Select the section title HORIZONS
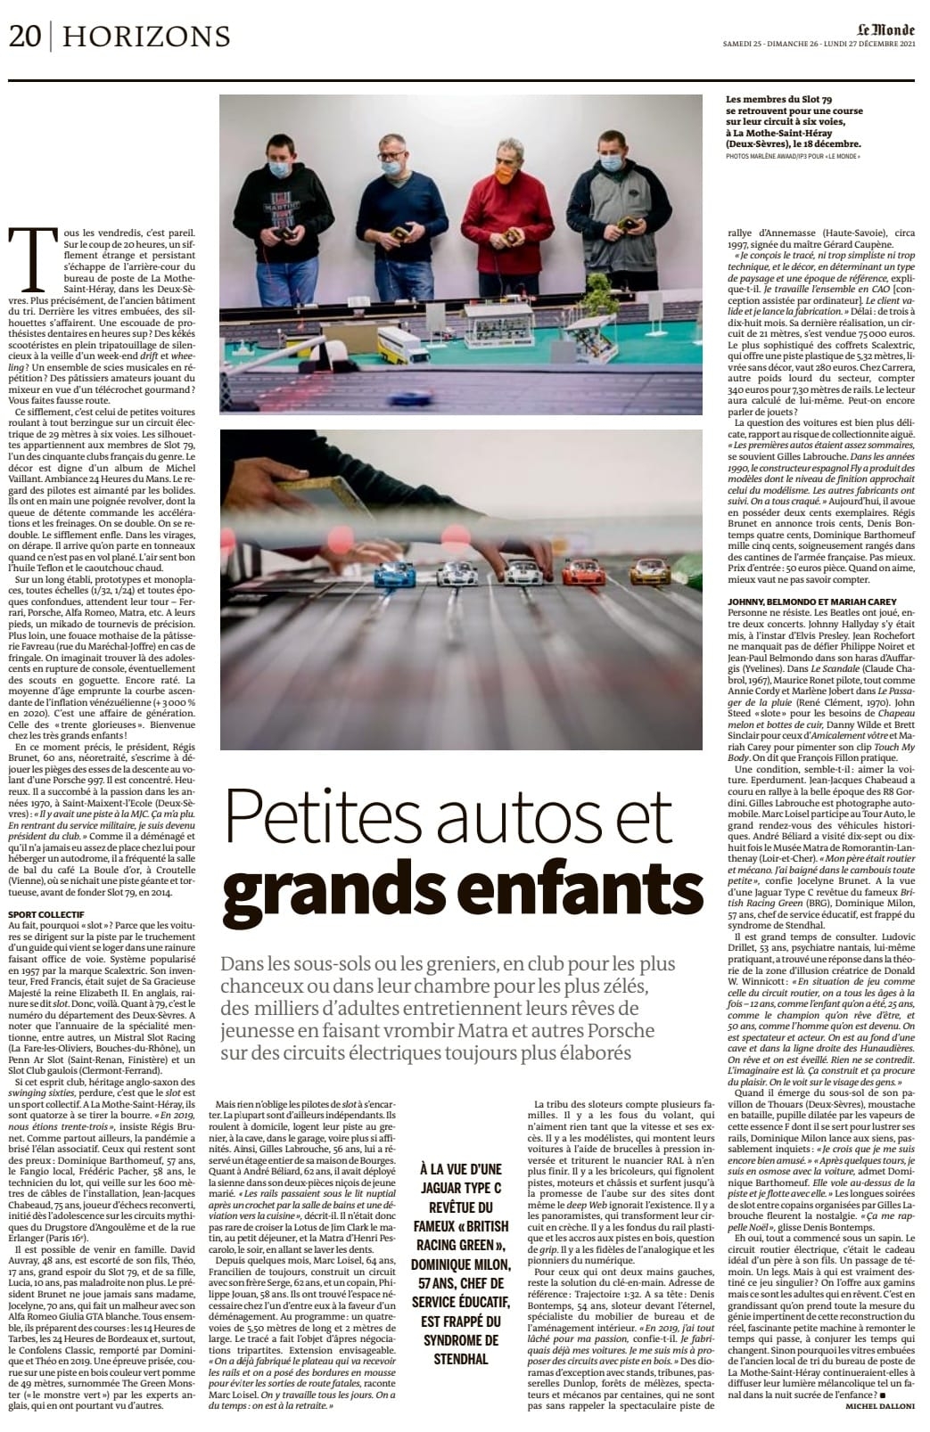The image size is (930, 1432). (x=147, y=37)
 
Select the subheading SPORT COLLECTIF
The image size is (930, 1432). (x=45, y=914)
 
